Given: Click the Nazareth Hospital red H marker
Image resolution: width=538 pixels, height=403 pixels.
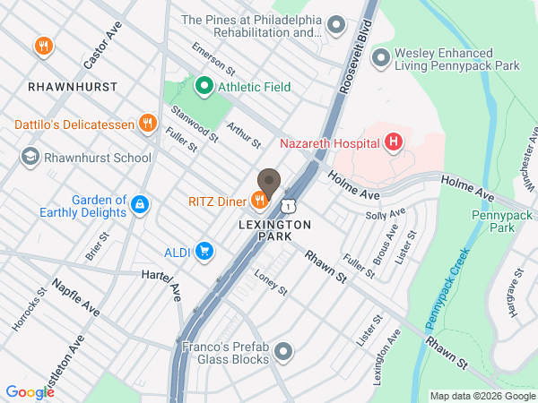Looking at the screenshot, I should [x=392, y=142].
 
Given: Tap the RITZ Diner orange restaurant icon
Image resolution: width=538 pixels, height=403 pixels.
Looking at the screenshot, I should [x=260, y=201].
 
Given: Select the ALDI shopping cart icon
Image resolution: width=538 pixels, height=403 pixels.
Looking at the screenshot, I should [x=205, y=252].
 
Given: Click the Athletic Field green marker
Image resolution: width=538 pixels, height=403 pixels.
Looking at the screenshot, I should [x=204, y=87].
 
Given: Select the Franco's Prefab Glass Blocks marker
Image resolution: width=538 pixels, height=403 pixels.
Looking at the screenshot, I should [x=284, y=351].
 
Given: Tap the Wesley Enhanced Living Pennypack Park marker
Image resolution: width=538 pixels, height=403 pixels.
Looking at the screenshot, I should [x=380, y=58].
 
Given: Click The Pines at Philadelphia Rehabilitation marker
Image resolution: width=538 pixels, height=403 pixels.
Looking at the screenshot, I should [x=336, y=25].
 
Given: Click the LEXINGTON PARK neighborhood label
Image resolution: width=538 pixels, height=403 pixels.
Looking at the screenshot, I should [x=275, y=230].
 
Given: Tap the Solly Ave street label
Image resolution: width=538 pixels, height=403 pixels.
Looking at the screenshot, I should [x=386, y=214].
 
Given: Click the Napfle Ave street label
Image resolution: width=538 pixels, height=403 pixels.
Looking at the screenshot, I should [x=75, y=296].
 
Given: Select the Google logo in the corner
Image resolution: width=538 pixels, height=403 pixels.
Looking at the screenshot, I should [x=30, y=391].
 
